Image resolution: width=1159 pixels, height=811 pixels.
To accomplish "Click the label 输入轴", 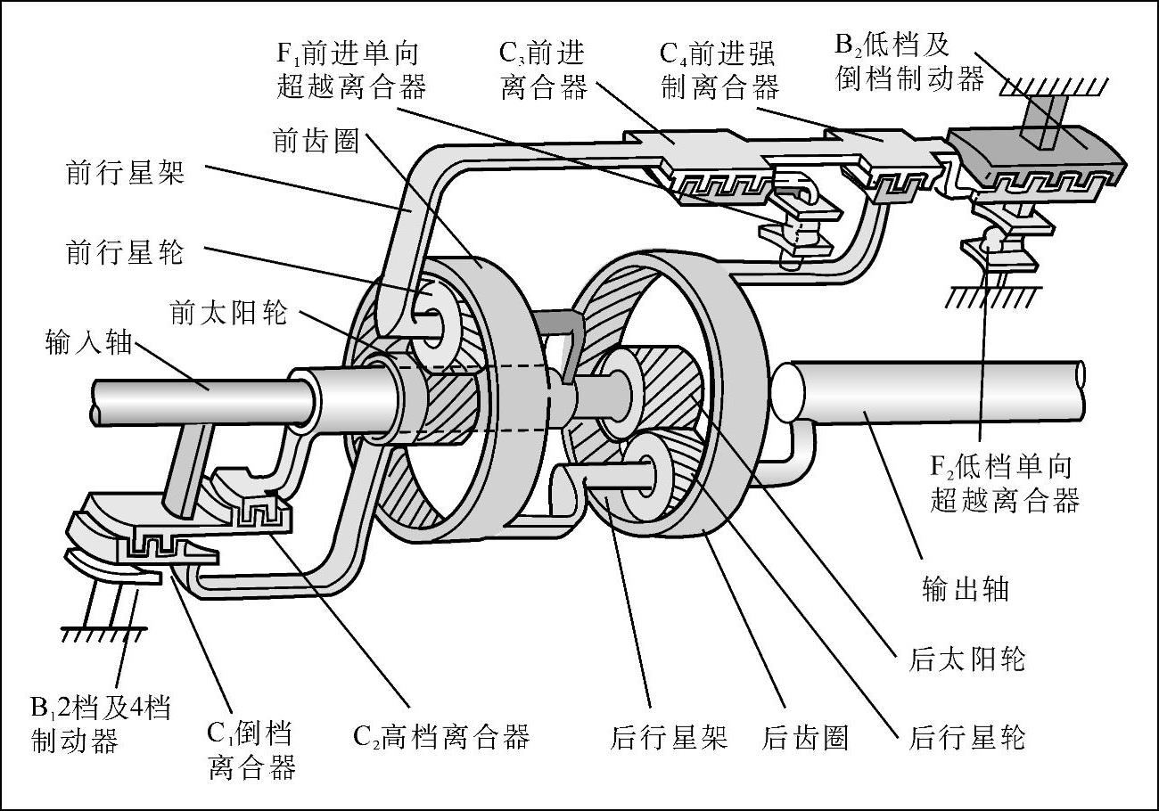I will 87,342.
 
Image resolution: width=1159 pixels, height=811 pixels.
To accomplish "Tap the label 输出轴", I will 965,589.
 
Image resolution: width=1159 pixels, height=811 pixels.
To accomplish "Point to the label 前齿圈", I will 316,141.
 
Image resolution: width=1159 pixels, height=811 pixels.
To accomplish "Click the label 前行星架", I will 125,172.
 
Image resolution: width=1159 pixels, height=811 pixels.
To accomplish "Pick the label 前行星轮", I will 125,252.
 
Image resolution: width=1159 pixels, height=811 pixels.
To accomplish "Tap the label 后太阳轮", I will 966,659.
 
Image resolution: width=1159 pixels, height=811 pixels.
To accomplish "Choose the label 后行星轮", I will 966,737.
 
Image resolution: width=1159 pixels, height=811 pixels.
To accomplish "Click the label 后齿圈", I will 805,737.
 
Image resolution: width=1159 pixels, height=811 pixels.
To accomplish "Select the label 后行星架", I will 670,737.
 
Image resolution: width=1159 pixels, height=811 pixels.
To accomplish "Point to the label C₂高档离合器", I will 441,737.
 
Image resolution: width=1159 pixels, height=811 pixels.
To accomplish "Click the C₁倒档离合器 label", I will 251,751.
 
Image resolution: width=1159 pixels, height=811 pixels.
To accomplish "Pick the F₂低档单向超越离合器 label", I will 1004,483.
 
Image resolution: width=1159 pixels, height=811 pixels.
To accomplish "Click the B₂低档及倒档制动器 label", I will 909,62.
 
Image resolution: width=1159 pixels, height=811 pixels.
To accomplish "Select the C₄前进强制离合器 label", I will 719,70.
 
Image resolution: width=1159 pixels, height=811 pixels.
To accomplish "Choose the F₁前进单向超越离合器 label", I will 351,70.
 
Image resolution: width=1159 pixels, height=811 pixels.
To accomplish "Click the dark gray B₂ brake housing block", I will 1034,152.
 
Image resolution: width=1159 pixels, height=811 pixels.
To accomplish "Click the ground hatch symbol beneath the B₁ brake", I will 103,634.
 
